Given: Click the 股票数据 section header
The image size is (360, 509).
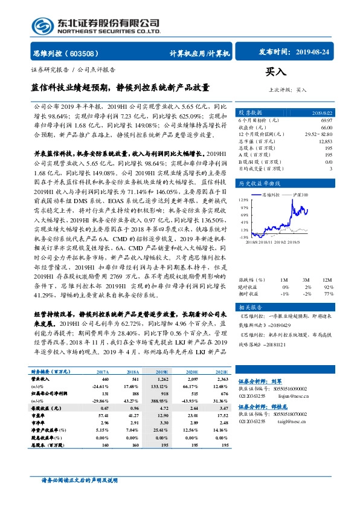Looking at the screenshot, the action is pos(251,113).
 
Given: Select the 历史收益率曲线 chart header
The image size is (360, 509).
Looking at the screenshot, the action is pos(260,182).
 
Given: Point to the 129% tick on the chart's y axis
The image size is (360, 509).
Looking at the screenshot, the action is pos(243,199).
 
